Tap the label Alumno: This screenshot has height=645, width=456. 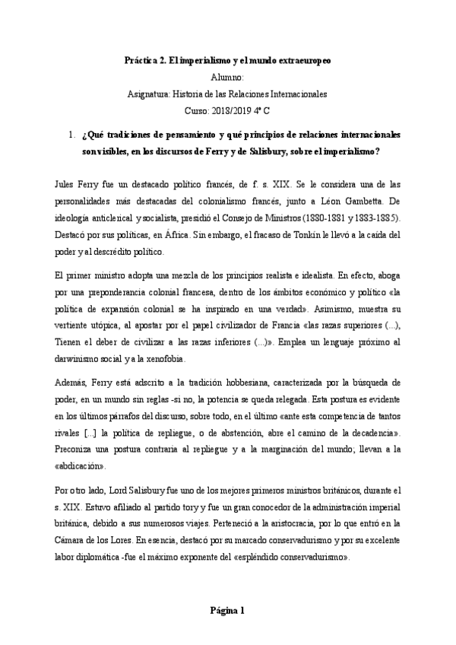(x=228, y=77)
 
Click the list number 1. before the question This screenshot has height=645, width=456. (x=71, y=135)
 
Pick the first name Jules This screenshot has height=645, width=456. (x=46, y=185)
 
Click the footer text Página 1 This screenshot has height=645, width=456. (x=227, y=610)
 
